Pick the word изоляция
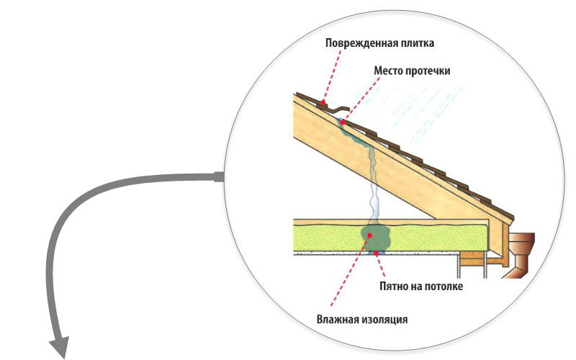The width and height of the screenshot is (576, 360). point(387,317)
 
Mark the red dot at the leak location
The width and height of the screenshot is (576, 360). point(341,122)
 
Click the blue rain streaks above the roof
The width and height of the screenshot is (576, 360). point(439,108)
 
